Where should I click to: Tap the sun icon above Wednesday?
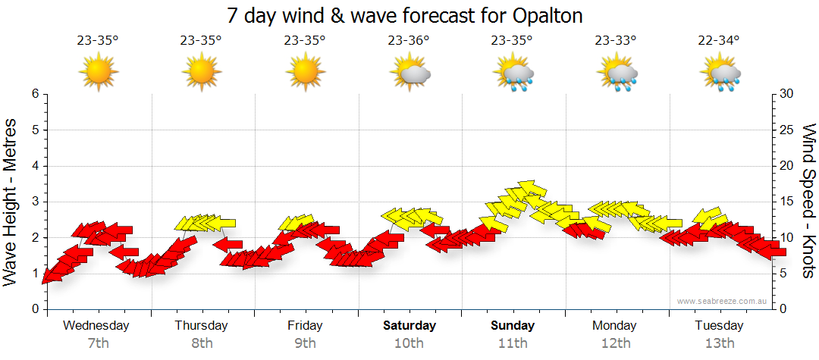coord(99,73)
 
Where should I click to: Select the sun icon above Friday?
coord(306,73)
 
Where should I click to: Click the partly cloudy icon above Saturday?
coord(409,73)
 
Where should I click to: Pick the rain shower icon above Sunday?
coord(513,74)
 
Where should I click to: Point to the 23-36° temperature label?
coord(409,40)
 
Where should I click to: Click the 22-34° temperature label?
coord(720,40)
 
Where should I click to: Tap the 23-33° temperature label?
coord(616,40)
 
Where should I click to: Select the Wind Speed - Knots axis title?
coord(808,201)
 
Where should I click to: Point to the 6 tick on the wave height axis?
coord(34,94)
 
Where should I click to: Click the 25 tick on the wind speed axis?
coord(789,130)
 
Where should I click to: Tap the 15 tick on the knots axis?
coord(789,202)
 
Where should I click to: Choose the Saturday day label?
coord(409,326)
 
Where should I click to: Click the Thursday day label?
coord(201,326)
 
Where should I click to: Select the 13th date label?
coord(720,343)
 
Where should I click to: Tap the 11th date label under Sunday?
coord(513,343)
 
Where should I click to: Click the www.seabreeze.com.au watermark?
coord(723,301)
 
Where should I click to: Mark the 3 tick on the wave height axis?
coord(34,202)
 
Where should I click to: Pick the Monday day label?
coord(616,326)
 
